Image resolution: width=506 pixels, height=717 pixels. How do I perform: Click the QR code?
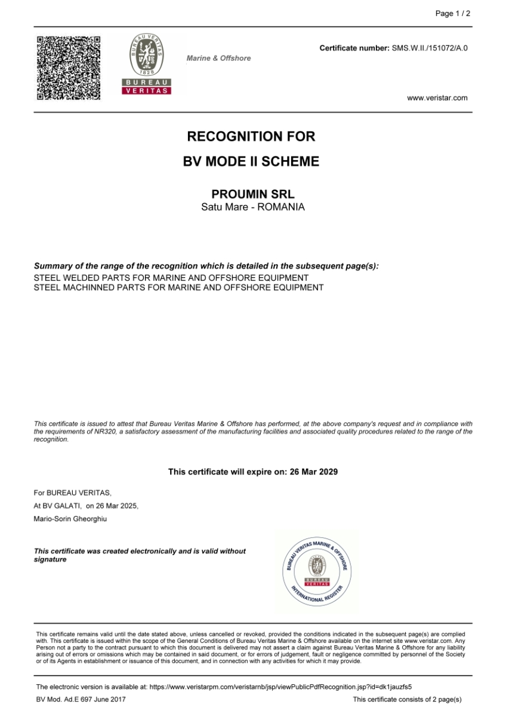point(69,68)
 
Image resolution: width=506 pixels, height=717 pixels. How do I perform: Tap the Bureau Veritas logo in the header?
point(147,65)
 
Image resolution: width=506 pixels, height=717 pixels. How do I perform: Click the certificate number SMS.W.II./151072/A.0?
point(430,48)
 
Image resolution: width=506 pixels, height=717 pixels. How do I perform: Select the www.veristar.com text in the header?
point(437,98)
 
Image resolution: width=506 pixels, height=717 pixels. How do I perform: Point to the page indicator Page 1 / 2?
point(453,14)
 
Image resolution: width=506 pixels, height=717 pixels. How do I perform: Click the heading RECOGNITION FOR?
point(251,136)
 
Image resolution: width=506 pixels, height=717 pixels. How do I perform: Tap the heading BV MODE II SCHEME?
point(251,161)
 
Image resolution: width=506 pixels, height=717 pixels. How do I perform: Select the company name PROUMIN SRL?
point(253,195)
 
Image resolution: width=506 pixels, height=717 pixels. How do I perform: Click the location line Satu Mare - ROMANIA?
point(253,207)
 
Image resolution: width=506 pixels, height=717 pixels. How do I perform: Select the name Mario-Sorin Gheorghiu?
point(71,519)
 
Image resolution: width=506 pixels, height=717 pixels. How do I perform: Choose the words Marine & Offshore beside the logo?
point(218,59)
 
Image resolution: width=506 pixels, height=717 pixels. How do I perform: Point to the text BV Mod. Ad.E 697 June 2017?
point(81,699)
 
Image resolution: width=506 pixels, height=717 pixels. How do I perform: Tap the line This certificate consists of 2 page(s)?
point(407,699)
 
